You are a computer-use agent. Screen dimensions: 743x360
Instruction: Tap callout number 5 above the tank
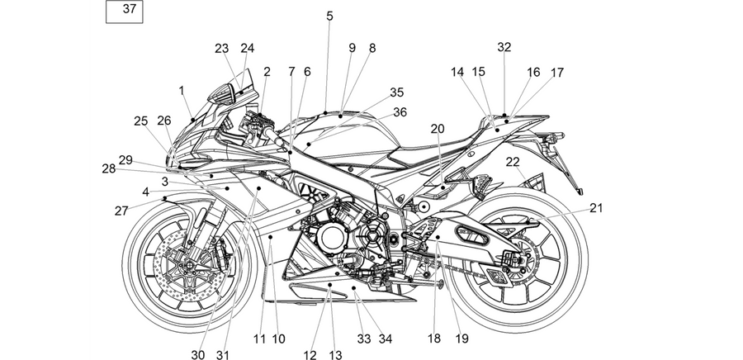329,17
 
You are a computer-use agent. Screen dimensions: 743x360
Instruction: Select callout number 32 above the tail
504,47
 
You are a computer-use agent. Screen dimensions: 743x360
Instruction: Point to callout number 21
596,208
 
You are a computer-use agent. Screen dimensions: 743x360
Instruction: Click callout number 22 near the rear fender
513,162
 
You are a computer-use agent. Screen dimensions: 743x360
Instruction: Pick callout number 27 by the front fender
121,211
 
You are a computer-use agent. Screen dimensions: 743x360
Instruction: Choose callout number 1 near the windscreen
182,91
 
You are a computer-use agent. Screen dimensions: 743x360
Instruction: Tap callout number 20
438,129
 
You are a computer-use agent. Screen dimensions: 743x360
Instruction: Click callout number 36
400,112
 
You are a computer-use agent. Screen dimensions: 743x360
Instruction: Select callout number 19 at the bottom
462,339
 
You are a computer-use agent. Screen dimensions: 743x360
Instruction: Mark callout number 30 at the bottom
197,355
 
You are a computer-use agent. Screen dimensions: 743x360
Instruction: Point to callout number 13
335,355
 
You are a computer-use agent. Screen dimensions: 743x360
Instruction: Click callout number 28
108,168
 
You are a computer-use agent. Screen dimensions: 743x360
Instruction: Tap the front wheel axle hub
190,264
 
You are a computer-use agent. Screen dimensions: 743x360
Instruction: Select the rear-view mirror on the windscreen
223,94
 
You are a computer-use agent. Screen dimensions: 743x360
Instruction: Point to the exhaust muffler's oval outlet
472,235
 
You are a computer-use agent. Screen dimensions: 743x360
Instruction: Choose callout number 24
248,49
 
